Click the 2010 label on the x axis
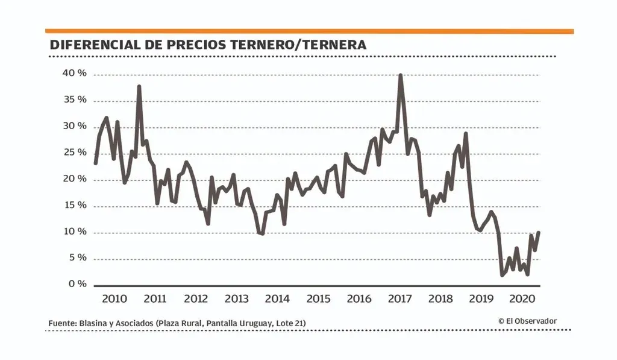114,299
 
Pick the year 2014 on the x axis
277,299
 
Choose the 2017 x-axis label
400,299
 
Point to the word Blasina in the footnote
95,324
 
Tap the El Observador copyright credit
528,321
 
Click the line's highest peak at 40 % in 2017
401,75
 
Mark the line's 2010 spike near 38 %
139,86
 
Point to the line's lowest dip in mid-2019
502,275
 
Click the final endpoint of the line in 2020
538,232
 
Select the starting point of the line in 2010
95,163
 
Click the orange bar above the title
309,31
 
